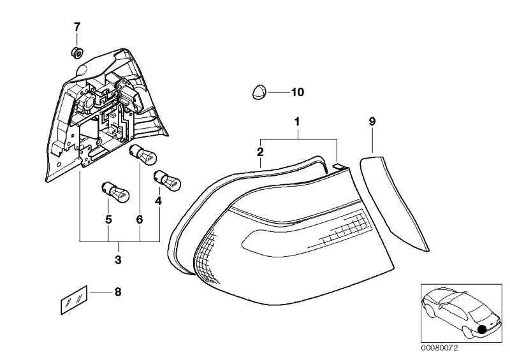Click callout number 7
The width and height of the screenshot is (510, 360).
pos(76,27)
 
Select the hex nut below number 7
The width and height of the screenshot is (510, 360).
pos(77,53)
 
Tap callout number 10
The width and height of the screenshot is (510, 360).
pos(298,92)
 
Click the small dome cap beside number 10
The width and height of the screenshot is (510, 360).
pos(259,92)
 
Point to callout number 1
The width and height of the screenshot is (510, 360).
pos(297,122)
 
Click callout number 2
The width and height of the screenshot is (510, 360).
pos(260,152)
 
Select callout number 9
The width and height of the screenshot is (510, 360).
pos(372,122)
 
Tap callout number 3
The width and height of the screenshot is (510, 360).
pos(118,259)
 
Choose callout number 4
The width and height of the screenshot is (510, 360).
pos(158,201)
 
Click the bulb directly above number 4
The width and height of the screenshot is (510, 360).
pos(167,180)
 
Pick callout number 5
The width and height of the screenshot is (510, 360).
pos(108,220)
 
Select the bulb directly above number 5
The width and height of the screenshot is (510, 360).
pos(116,192)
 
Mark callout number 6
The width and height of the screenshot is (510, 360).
pos(140,220)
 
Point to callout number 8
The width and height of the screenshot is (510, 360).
pos(118,292)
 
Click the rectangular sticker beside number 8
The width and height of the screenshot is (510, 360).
pos(74,300)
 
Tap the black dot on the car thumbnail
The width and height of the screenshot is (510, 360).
pos(483,329)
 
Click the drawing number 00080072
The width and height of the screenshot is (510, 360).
pos(439,348)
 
